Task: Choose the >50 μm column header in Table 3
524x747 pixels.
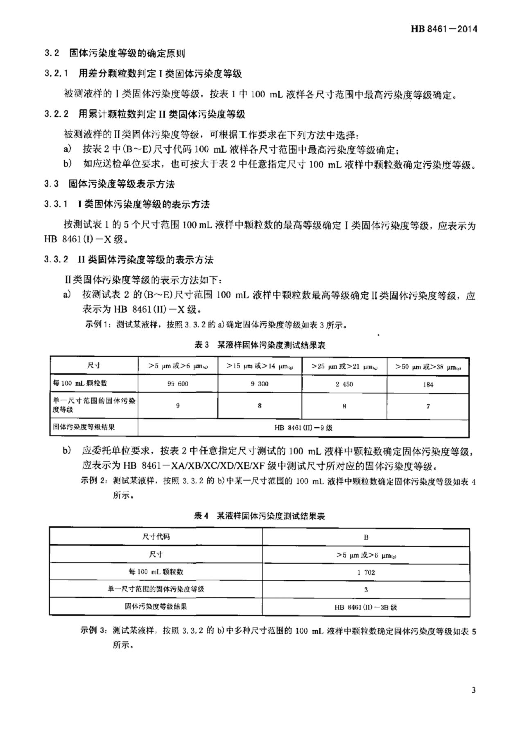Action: coord(428,367)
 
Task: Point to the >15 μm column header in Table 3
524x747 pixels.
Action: coord(259,366)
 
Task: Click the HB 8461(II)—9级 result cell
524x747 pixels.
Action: coord(303,428)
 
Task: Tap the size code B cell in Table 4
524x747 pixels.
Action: coord(366,537)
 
